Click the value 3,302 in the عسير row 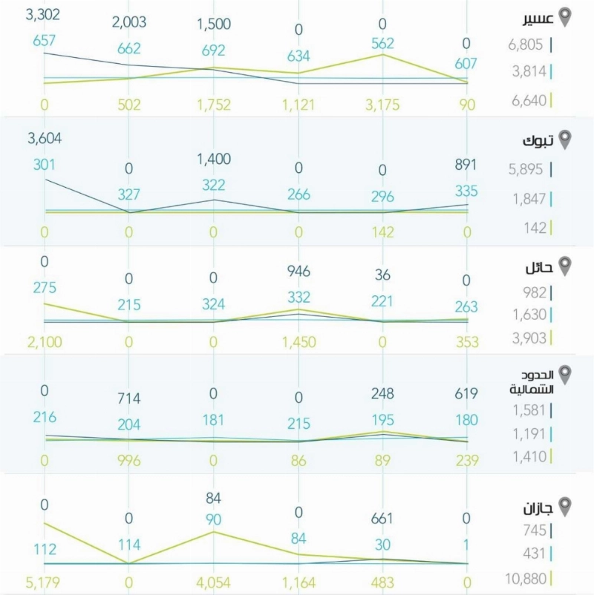point(43,15)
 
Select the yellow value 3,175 point(382,105)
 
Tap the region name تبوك point(538,141)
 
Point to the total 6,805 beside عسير point(526,45)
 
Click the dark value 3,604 point(45,139)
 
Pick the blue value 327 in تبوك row point(128,194)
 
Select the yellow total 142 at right point(535,228)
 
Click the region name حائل point(539,268)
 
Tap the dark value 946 point(299,272)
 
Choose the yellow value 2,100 point(45,342)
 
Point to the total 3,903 point(529,338)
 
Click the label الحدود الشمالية point(532,382)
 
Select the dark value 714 point(129,398)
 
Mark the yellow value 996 point(129,461)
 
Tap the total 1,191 point(529,434)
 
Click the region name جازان point(538,508)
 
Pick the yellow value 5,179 point(43,582)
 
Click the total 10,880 point(526,579)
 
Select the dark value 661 point(382,519)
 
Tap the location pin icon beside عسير point(565,18)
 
